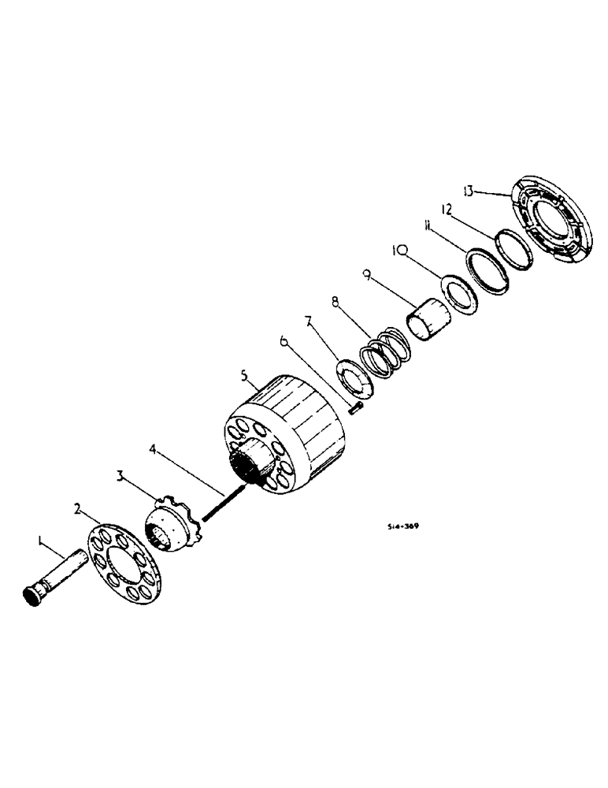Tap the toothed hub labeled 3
[175, 522]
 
